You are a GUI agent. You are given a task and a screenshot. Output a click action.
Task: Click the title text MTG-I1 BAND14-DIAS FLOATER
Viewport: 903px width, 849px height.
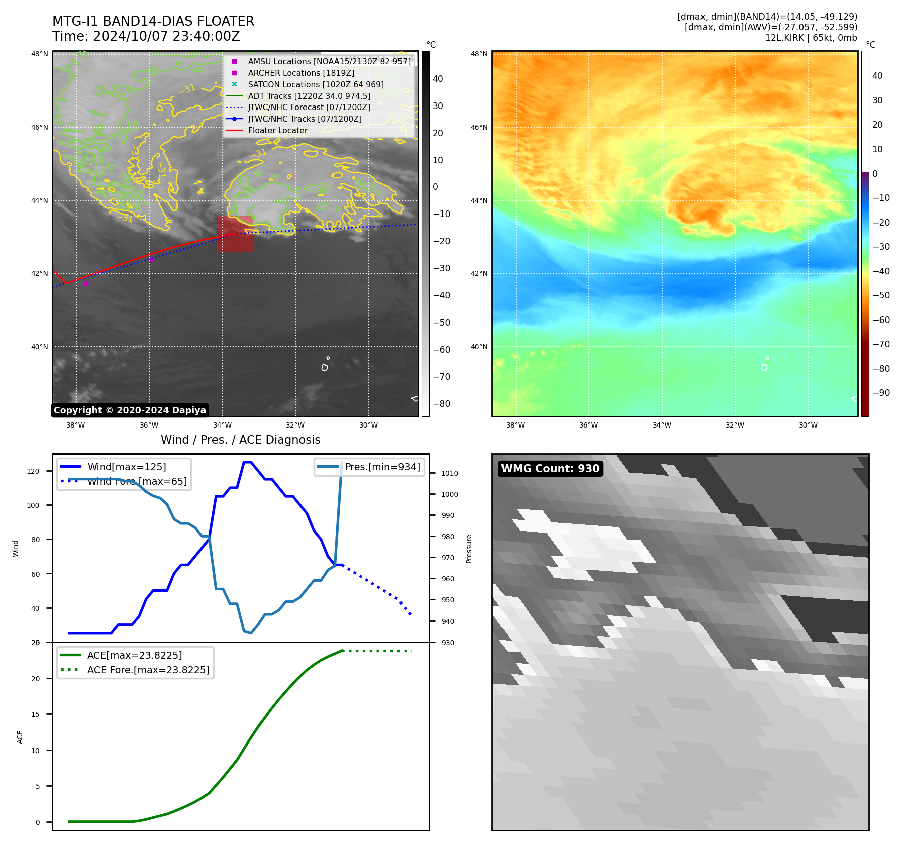pos(153,21)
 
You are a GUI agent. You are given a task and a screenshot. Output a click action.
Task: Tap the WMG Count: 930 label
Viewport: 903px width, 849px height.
pos(550,469)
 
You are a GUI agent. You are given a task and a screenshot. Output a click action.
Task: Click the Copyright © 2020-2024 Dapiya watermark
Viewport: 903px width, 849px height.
pos(130,410)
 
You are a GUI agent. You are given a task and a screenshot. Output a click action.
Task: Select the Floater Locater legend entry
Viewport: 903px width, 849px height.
pos(277,131)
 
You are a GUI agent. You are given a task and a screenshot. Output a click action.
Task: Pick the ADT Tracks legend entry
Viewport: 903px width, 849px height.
pos(309,96)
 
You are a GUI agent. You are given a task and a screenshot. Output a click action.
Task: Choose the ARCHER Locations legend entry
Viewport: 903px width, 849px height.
pos(300,73)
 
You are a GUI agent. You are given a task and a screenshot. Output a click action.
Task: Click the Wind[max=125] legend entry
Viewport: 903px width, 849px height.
pos(127,467)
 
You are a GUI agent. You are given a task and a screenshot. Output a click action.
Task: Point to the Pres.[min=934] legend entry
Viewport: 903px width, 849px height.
pos(382,467)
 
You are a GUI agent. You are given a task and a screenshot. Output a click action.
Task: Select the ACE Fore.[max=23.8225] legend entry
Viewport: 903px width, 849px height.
pos(148,670)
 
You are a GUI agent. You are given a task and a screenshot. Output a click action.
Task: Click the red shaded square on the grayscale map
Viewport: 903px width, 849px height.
pos(235,234)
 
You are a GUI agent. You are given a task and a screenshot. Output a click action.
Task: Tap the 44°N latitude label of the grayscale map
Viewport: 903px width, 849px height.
pos(40,200)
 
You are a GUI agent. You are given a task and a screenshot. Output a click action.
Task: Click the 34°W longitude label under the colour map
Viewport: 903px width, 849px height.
pos(662,425)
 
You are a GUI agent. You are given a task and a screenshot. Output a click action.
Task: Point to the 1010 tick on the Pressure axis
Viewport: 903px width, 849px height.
pos(449,473)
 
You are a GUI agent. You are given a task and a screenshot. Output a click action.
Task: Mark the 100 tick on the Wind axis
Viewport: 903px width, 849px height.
pos(33,505)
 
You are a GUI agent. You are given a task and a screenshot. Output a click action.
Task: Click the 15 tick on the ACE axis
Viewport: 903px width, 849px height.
pos(35,714)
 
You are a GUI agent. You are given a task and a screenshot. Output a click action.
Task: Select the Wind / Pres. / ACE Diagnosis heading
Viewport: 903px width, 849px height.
pos(240,440)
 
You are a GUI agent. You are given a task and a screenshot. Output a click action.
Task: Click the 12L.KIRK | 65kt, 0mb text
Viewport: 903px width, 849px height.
pos(811,38)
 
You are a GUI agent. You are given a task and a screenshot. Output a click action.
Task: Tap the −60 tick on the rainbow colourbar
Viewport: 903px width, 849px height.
pos(881,320)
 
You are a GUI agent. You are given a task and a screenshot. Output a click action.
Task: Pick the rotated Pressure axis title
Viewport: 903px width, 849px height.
pos(469,549)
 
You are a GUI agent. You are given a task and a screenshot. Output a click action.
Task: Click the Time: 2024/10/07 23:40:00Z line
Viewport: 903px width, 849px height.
pos(146,36)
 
